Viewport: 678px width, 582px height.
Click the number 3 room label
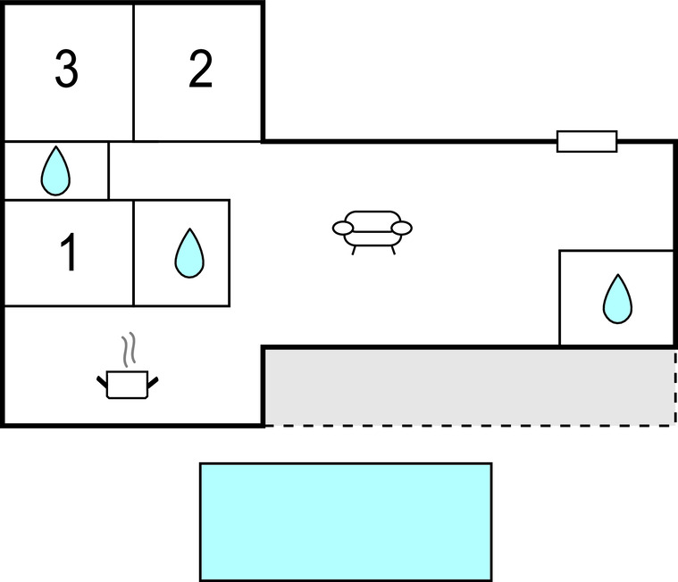(x=66, y=71)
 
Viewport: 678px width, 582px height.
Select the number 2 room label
(x=200, y=71)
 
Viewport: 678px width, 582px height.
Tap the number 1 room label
(x=68, y=253)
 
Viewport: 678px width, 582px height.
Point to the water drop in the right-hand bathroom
(x=617, y=299)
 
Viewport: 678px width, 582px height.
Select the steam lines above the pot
(x=130, y=350)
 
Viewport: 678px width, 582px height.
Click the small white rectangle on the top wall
(x=587, y=141)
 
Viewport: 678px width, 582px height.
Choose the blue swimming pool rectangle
(x=345, y=521)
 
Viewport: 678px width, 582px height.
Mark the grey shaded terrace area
(x=469, y=387)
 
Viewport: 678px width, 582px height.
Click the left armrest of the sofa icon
(x=343, y=229)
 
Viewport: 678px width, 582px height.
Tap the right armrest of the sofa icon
(x=403, y=229)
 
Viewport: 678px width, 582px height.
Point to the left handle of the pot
(x=102, y=383)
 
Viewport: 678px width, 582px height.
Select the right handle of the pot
(x=153, y=383)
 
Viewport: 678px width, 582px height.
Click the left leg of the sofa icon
(x=355, y=250)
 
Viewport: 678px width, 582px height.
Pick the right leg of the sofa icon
(x=391, y=250)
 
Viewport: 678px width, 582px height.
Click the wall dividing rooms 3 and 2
(x=134, y=71)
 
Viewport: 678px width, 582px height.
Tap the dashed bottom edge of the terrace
(x=469, y=425)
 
